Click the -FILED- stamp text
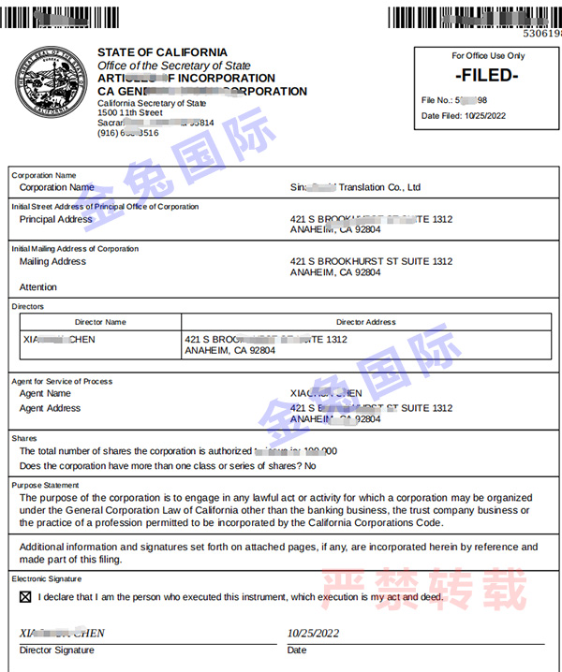coord(485,76)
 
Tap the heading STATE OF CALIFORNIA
coord(162,52)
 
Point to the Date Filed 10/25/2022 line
coord(466,116)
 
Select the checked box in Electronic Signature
coord(25,596)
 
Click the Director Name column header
coord(100,322)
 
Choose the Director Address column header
coord(365,322)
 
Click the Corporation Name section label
coord(43,175)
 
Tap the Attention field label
coord(38,287)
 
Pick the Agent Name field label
coord(45,394)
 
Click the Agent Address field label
coord(51,408)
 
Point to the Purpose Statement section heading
coord(45,485)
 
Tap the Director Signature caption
coord(57,650)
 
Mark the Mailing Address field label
coord(52,262)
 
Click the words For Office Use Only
coord(488,56)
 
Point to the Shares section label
coord(24,438)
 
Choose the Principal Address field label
coord(56,220)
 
